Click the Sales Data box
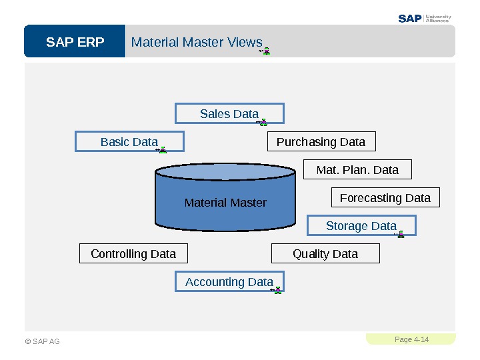pos(229,114)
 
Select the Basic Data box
pos(129,142)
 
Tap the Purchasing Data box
pos(321,142)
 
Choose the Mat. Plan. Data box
pos(357,170)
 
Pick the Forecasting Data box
pos(385,198)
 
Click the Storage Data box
pos(361,226)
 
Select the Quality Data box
pos(325,254)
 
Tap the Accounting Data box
pos(229,282)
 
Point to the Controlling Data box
pos(133,254)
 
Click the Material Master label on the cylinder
pos(225,203)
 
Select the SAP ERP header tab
pos(75,42)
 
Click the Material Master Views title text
pos(197,42)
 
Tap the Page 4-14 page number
pos(411,339)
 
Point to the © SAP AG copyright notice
pos(42,341)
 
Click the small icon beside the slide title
pos(265,51)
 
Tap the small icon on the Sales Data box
pos(263,122)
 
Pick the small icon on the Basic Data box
pos(162,150)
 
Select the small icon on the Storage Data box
pos(400,234)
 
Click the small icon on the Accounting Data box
pos(277,290)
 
